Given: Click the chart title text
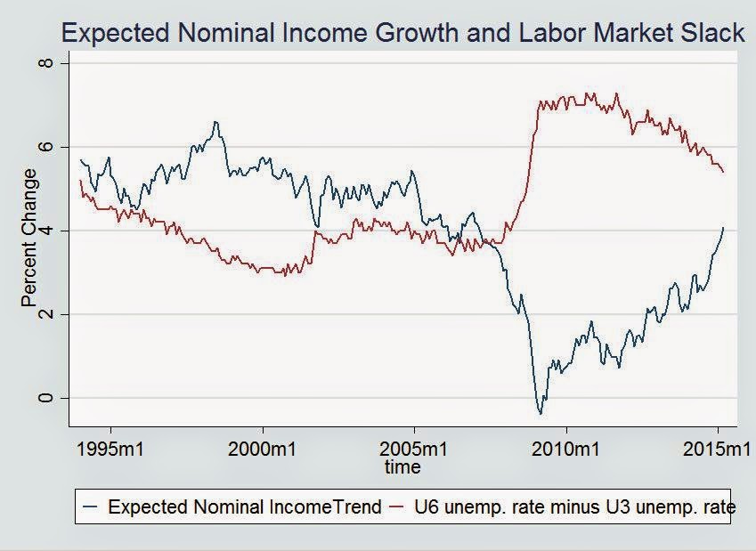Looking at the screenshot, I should coord(402,34).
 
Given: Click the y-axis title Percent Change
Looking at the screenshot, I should coord(29,238).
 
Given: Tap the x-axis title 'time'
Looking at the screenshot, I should coord(402,466).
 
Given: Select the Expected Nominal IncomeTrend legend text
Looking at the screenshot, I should coord(244,507).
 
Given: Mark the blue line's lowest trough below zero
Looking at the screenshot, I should coord(540,413).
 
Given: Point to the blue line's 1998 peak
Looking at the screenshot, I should coord(215,122).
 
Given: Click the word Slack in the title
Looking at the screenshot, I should coord(711,34).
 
